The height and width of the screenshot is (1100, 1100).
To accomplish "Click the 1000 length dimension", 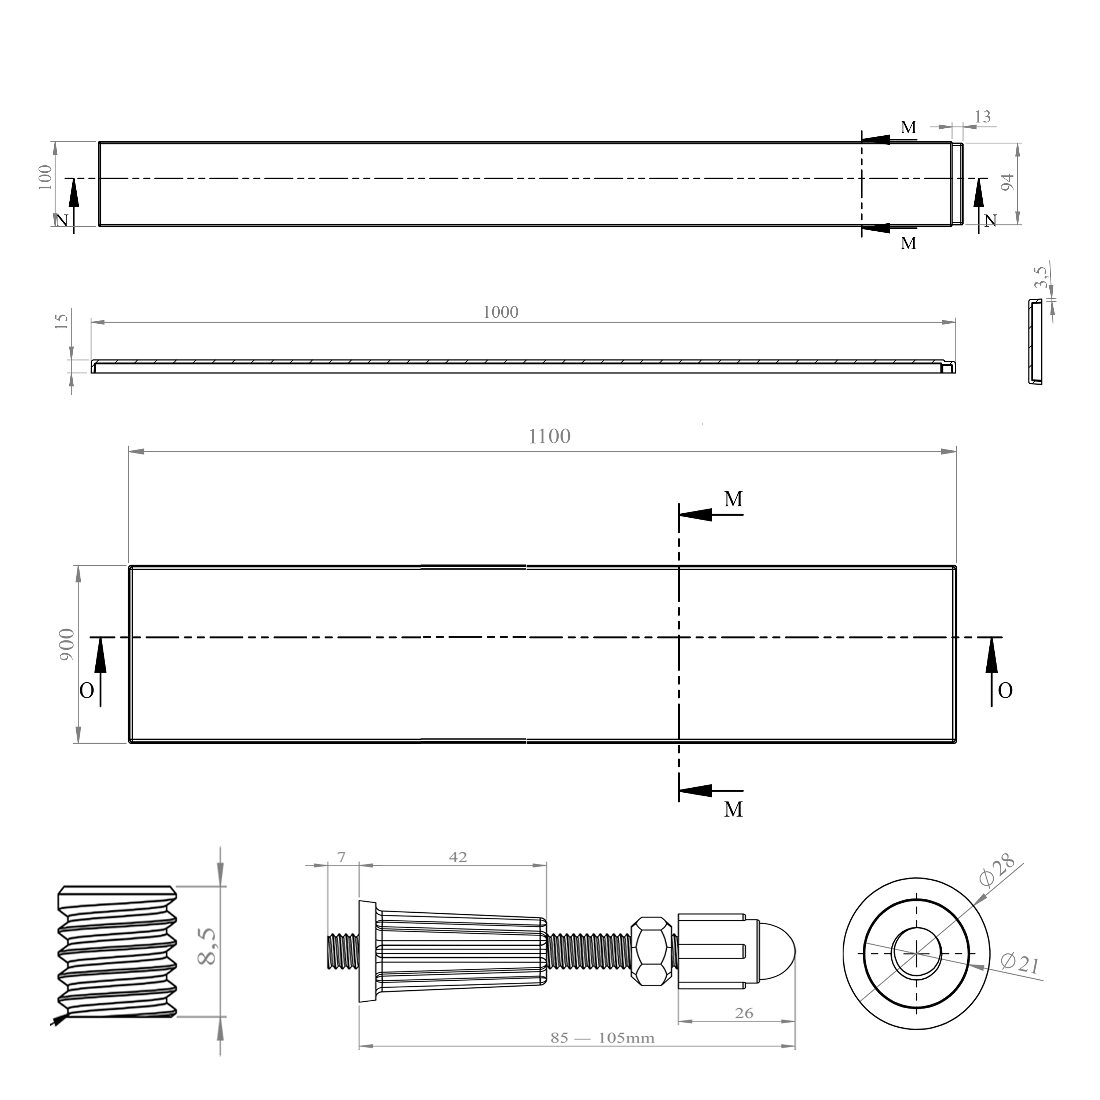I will [x=500, y=312].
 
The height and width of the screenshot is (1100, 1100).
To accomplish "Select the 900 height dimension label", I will [x=67, y=645].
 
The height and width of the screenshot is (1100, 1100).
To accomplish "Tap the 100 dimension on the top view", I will [x=45, y=177].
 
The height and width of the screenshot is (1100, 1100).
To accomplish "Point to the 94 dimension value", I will [x=1007, y=182].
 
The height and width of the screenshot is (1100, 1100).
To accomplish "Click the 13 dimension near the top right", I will [x=983, y=117].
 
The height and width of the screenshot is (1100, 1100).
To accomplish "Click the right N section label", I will [x=991, y=221].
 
